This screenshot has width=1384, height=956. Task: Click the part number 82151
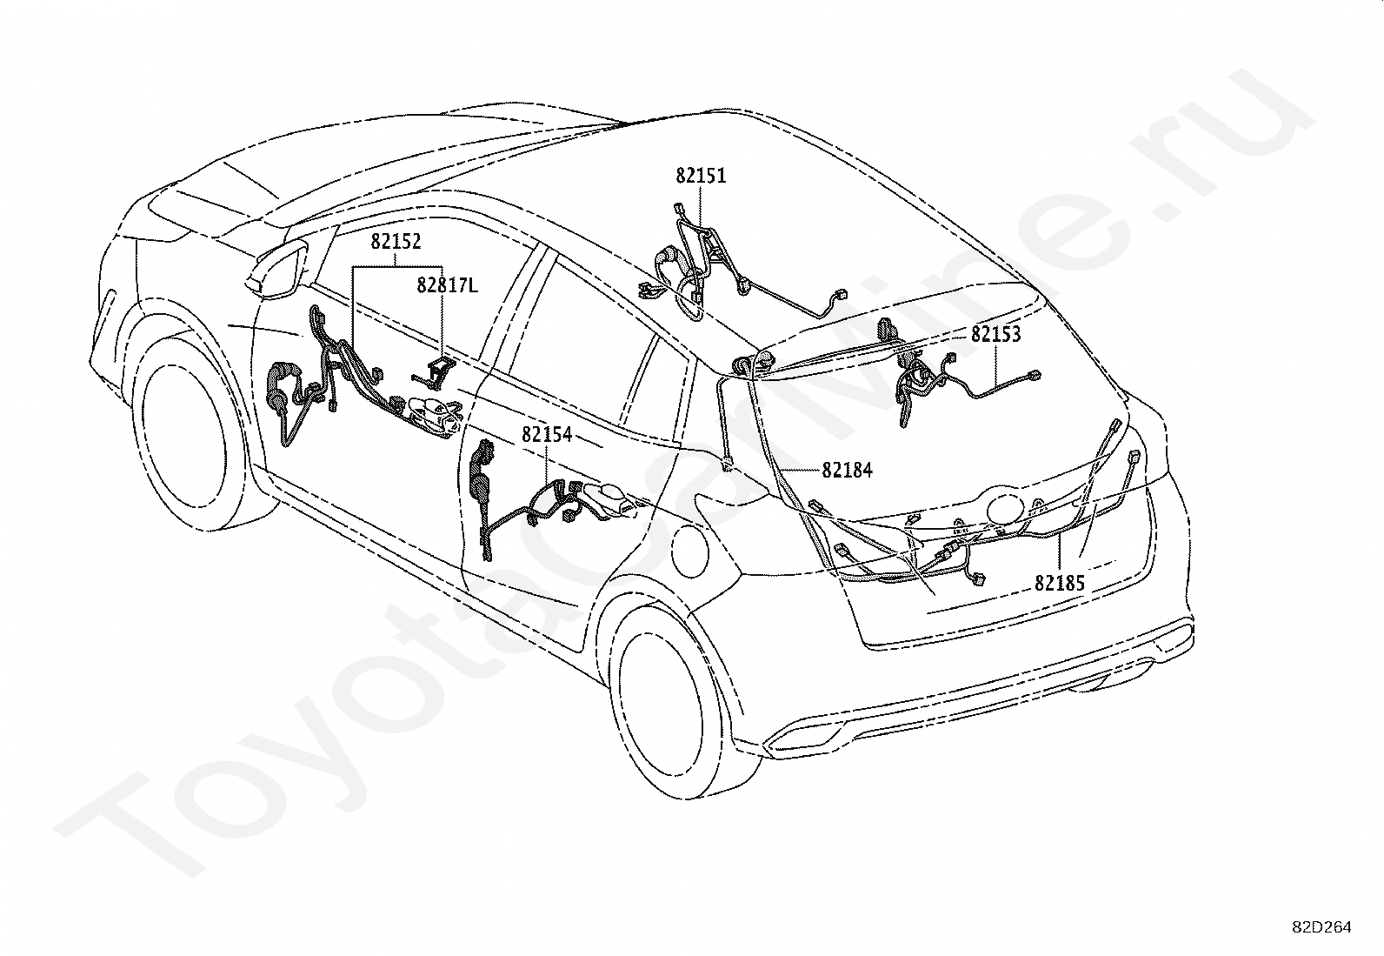[701, 177]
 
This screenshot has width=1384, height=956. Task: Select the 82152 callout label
[396, 242]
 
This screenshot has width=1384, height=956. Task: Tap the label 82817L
[448, 285]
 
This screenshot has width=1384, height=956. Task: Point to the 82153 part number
[996, 335]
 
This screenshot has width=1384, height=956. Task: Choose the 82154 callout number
[547, 435]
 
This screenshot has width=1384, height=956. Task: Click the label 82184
[847, 471]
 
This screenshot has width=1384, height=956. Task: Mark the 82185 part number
[1060, 583]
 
